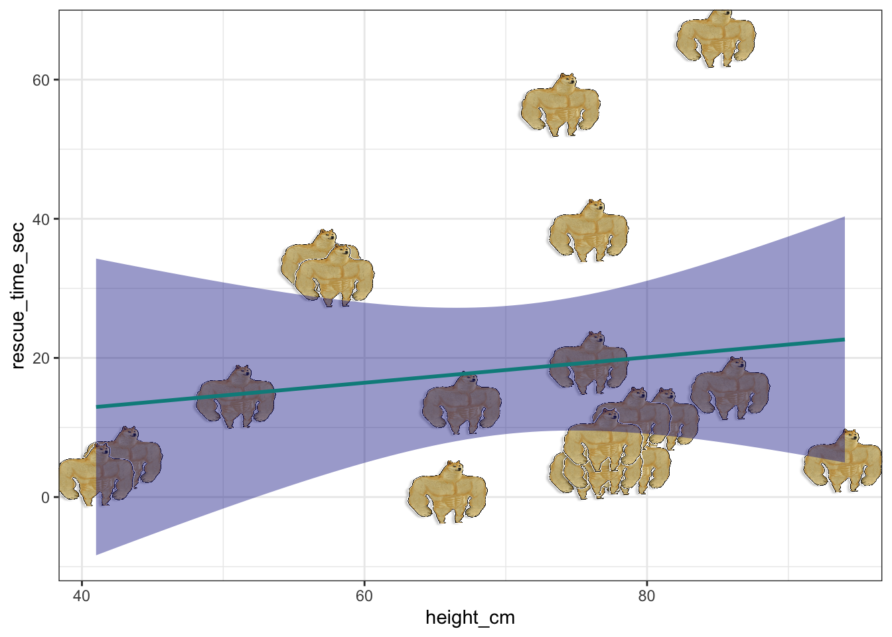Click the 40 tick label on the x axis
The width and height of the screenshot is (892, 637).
81,596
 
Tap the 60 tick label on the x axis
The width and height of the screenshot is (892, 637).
364,596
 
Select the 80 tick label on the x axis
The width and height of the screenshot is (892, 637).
646,596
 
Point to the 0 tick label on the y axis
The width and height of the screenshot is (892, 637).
45,498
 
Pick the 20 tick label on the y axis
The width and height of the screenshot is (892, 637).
41,358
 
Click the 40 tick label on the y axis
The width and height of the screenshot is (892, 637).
41,219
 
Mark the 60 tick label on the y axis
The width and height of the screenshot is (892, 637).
41,80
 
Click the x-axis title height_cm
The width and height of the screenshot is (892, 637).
470,618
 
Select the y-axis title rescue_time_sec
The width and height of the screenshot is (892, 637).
18,295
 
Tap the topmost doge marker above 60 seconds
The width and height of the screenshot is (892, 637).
716,38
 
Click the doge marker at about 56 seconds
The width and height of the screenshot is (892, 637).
560,106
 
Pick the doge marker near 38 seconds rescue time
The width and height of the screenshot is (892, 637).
589,232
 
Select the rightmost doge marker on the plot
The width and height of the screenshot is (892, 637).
843,462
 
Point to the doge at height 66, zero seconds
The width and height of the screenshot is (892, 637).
447,493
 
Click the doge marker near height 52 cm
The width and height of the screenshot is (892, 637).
236,398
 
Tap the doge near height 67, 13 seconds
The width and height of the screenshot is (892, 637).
462,404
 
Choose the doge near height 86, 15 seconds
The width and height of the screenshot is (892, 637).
730,389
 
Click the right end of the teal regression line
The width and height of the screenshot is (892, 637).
844,340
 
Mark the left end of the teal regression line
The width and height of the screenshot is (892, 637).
97,407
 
